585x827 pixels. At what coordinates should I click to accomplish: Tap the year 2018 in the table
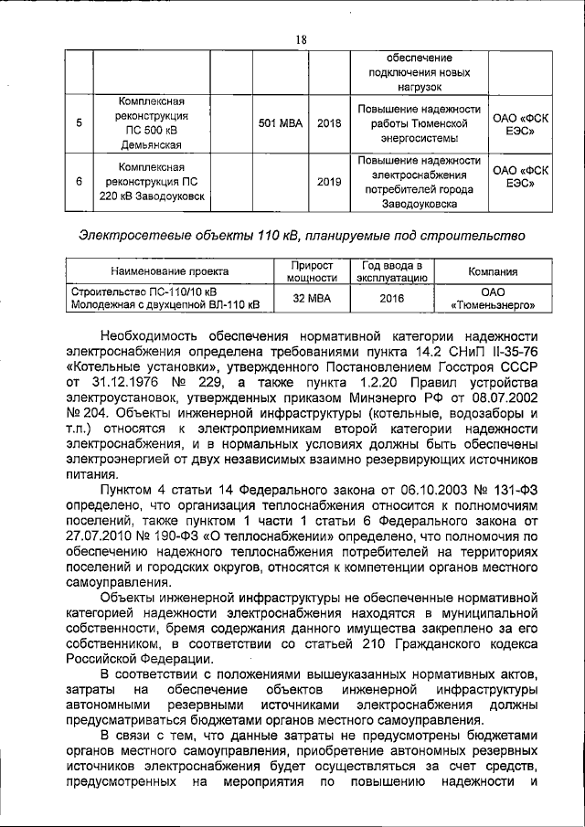pyautogui.click(x=328, y=122)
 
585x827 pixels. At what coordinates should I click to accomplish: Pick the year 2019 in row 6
pyautogui.click(x=328, y=182)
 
